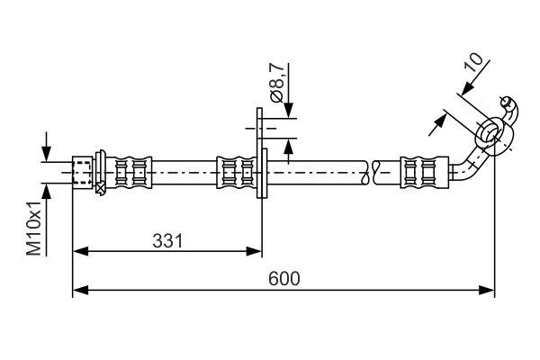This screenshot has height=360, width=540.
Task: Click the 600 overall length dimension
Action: point(284,278)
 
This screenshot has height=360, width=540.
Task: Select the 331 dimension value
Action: point(167,240)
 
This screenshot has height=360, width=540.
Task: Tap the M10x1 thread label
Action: point(33,228)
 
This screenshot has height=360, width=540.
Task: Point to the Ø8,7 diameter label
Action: point(277,82)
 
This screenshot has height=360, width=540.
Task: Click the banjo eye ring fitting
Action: point(490,132)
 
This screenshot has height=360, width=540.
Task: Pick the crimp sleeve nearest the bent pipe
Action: point(422,171)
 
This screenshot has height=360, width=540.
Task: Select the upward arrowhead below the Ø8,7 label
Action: point(288,143)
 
